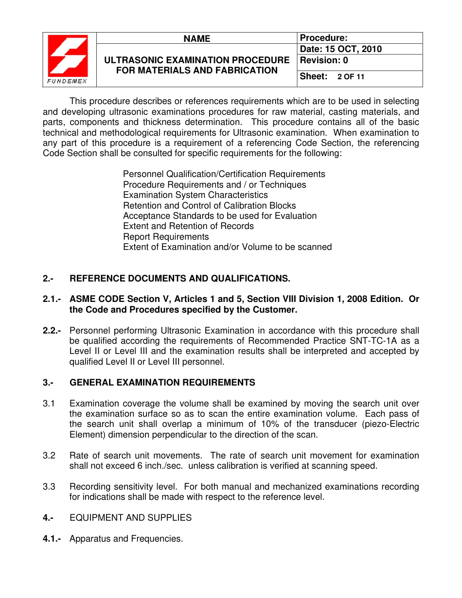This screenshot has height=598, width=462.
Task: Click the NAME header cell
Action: coord(196,38)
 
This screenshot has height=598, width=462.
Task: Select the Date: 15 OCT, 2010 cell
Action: coord(341,49)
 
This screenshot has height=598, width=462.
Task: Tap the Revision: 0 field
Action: coord(324,61)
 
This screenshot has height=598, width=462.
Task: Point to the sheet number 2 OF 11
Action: coord(351,77)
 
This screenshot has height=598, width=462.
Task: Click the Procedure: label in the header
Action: coord(323,38)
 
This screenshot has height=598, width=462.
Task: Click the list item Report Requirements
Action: coord(166,237)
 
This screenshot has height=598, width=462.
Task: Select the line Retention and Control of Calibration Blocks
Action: coord(209,206)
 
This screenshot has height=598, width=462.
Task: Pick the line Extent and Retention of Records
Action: coord(188,226)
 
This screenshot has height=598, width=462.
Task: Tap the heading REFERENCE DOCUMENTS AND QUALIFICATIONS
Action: coord(180,279)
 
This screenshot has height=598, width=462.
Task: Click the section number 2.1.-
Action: coord(52,299)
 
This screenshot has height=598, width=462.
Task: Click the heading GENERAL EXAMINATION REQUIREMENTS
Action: coord(162,383)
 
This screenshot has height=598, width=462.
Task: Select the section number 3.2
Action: coord(49,456)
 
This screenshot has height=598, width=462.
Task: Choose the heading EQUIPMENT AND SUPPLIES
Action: coord(130,518)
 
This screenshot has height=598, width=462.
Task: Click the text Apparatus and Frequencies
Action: coord(126,539)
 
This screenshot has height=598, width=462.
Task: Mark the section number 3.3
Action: coord(49,487)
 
